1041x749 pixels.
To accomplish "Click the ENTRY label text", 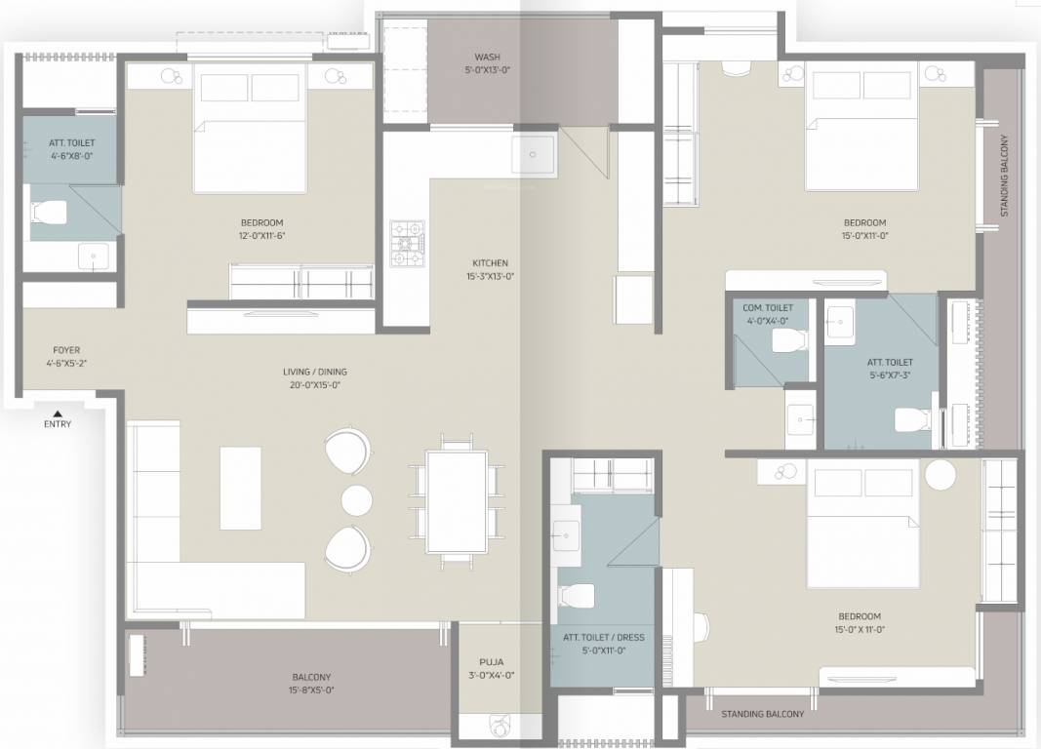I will pyautogui.click(x=57, y=424).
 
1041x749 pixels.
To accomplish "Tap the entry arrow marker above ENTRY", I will pyautogui.click(x=57, y=413).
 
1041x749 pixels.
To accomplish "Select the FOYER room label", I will pyautogui.click(x=66, y=349).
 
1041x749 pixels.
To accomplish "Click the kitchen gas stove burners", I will pyautogui.click(x=408, y=243).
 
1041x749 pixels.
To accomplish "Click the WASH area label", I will pyautogui.click(x=487, y=58).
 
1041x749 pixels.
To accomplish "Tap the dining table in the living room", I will pyautogui.click(x=456, y=502).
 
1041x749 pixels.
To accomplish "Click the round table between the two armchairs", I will pyautogui.click(x=356, y=499).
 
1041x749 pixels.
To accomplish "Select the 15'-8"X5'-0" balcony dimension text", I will pyautogui.click(x=311, y=690).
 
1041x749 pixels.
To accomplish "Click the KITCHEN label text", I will pyautogui.click(x=490, y=263).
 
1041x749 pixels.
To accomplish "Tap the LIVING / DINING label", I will pyautogui.click(x=314, y=372).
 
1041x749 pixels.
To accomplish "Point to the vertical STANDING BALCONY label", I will pyautogui.click(x=1004, y=176).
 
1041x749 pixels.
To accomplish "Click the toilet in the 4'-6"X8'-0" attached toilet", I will pyautogui.click(x=48, y=211).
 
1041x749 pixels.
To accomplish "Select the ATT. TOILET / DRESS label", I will pyautogui.click(x=603, y=638).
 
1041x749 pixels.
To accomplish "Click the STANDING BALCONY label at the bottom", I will pyautogui.click(x=762, y=714).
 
